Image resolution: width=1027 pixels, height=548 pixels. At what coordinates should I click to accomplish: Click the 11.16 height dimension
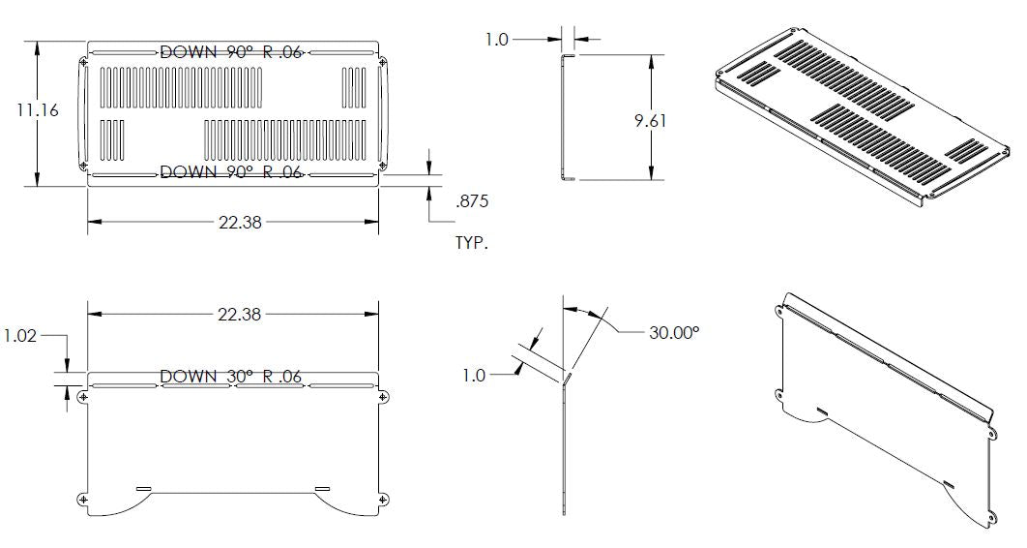[x=38, y=110]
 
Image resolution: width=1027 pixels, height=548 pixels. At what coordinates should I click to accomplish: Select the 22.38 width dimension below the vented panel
[x=239, y=222]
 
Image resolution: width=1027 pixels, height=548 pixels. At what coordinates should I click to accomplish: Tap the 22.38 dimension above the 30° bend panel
[x=239, y=314]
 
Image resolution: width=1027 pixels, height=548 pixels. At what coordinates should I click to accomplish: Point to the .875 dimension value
[x=472, y=202]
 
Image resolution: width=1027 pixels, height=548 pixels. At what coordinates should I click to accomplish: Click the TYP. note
[x=472, y=243]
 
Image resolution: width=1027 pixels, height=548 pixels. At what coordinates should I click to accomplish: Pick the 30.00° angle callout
[x=673, y=332]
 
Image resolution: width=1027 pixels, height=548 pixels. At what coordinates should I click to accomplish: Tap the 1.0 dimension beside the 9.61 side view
[x=496, y=40]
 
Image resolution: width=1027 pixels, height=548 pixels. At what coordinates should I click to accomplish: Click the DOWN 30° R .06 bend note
[x=231, y=376]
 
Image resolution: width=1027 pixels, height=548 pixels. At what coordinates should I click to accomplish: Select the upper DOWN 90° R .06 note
[x=231, y=52]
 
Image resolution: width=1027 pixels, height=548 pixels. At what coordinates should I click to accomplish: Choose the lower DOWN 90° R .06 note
[x=231, y=171]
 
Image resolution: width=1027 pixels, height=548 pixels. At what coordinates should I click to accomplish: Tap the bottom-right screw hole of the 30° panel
[x=383, y=500]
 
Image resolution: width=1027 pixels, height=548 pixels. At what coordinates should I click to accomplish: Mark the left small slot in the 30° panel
[x=144, y=487]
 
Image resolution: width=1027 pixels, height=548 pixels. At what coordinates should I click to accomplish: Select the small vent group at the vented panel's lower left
[x=113, y=139]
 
